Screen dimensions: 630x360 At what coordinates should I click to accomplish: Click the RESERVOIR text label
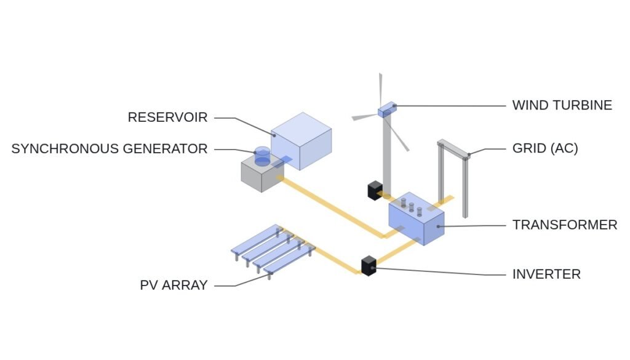point(167,118)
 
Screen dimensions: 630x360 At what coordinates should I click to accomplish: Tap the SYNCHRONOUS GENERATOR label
point(110,149)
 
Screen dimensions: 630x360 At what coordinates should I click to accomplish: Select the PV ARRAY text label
point(173,285)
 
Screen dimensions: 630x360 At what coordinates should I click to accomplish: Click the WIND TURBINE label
point(562,105)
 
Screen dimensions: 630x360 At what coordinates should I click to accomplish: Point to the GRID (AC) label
point(545,148)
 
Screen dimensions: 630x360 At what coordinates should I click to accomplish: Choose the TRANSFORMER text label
point(565,225)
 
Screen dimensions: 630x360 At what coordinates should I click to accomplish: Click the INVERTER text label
point(546,274)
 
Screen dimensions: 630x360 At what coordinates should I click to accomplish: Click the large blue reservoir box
point(301,141)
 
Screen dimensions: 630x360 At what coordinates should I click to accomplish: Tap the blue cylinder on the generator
point(262,157)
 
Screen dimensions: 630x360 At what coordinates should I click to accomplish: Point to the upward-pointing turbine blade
point(380,89)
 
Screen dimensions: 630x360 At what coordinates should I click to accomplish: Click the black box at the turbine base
point(375,190)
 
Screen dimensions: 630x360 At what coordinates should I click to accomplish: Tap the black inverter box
point(369,266)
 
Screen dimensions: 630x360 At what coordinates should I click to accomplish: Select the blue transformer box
point(417,218)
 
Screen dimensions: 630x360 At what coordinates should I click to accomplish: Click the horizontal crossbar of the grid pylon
point(453,150)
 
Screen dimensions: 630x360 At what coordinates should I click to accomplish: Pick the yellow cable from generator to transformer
point(333,208)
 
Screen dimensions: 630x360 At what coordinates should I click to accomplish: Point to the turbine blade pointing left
point(365,117)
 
